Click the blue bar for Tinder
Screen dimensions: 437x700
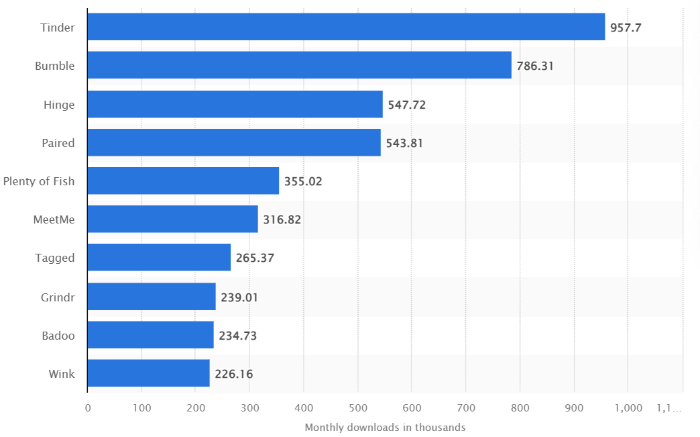tap(346, 27)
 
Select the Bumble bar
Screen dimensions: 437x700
tap(299, 65)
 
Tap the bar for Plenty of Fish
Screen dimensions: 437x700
tap(183, 181)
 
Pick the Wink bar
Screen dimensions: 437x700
tap(148, 373)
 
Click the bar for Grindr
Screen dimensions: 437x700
tap(152, 297)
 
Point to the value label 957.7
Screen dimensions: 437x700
tap(626, 28)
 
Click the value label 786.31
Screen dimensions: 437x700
tap(535, 66)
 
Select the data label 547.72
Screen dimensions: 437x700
tap(406, 105)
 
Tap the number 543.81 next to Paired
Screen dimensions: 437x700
tap(404, 143)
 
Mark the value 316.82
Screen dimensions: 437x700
tap(282, 220)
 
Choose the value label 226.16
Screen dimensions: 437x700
tap(233, 374)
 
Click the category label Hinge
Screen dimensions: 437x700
tap(59, 105)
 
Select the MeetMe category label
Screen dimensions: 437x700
tap(54, 220)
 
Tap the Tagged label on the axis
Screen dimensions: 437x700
tap(55, 258)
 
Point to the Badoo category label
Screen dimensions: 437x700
tap(58, 335)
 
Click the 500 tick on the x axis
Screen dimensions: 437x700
tap(357, 407)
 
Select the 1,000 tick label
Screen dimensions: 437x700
tap(627, 407)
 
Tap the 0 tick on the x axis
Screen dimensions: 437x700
tap(88, 407)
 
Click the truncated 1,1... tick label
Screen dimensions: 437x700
tap(669, 407)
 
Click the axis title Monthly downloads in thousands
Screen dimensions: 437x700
tap(385, 428)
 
